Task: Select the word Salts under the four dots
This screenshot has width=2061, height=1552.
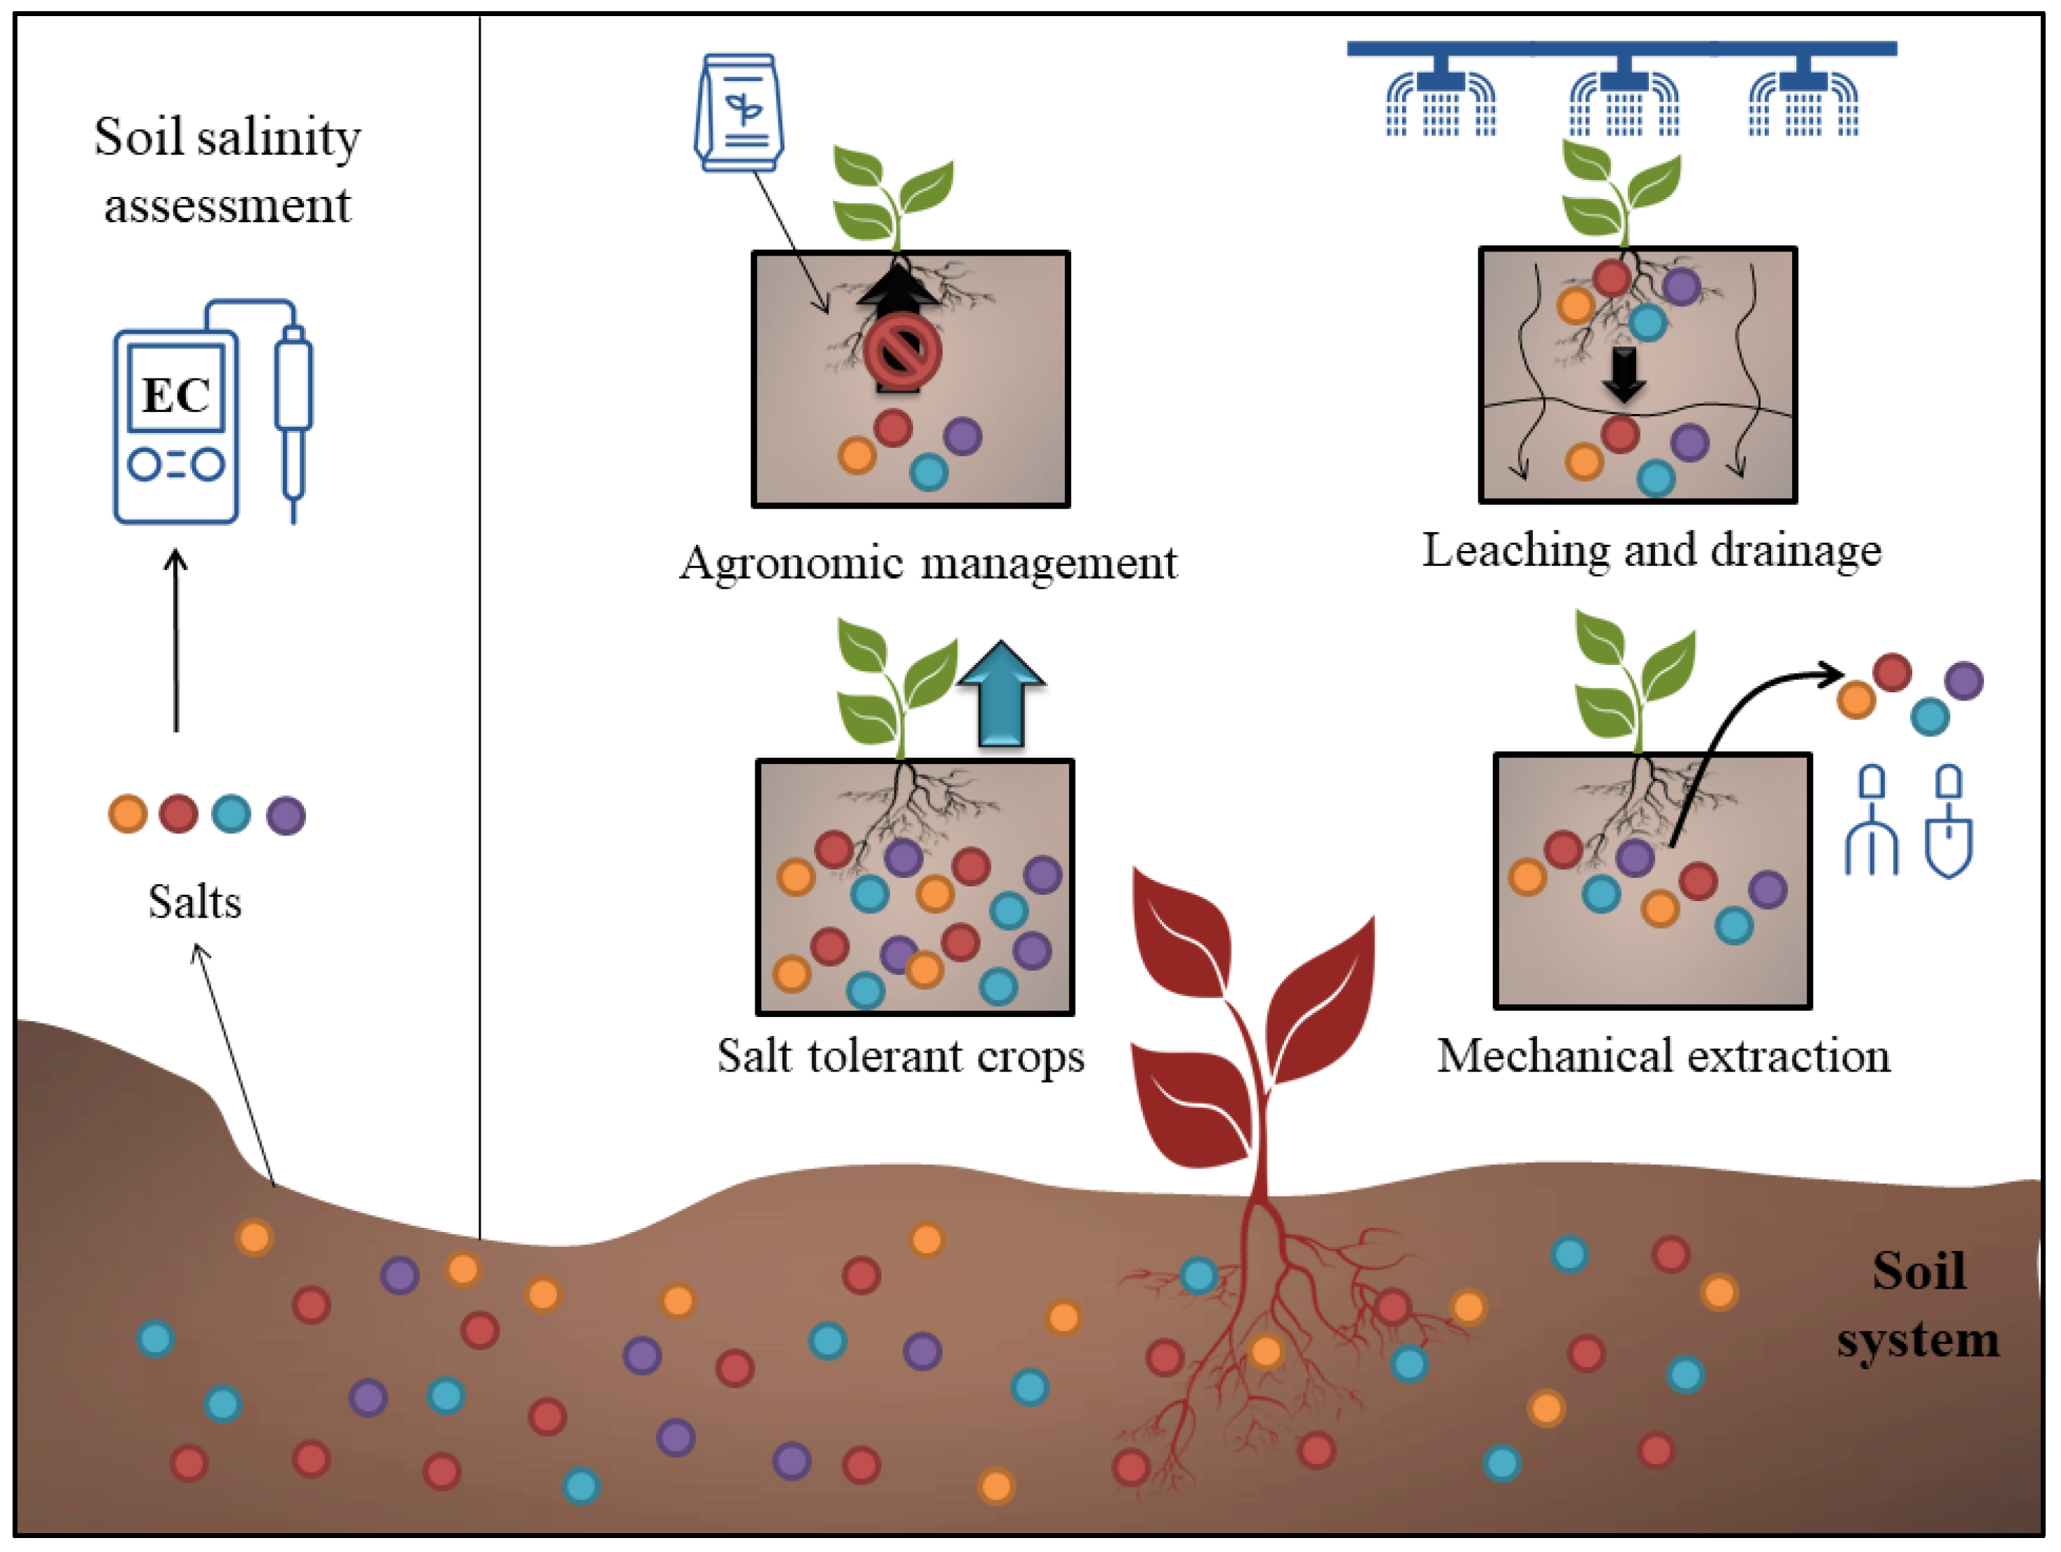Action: click(x=195, y=902)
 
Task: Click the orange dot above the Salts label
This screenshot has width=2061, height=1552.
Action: click(x=128, y=813)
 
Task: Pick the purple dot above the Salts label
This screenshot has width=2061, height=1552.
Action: click(x=286, y=815)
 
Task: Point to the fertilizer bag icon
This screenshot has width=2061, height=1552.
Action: click(x=739, y=112)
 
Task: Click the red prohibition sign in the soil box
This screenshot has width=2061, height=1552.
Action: click(x=902, y=352)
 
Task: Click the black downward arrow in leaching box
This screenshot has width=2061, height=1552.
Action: click(x=1624, y=375)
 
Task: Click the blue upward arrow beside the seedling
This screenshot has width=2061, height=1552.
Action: click(x=1002, y=694)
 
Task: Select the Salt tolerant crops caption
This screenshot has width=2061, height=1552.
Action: click(x=901, y=1056)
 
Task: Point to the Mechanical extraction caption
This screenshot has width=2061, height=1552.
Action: click(x=1663, y=1056)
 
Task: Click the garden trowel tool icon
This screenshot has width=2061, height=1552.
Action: click(x=1949, y=821)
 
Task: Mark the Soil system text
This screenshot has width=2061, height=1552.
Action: click(x=1918, y=1305)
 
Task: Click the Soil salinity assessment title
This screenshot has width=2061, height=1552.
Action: click(x=227, y=170)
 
